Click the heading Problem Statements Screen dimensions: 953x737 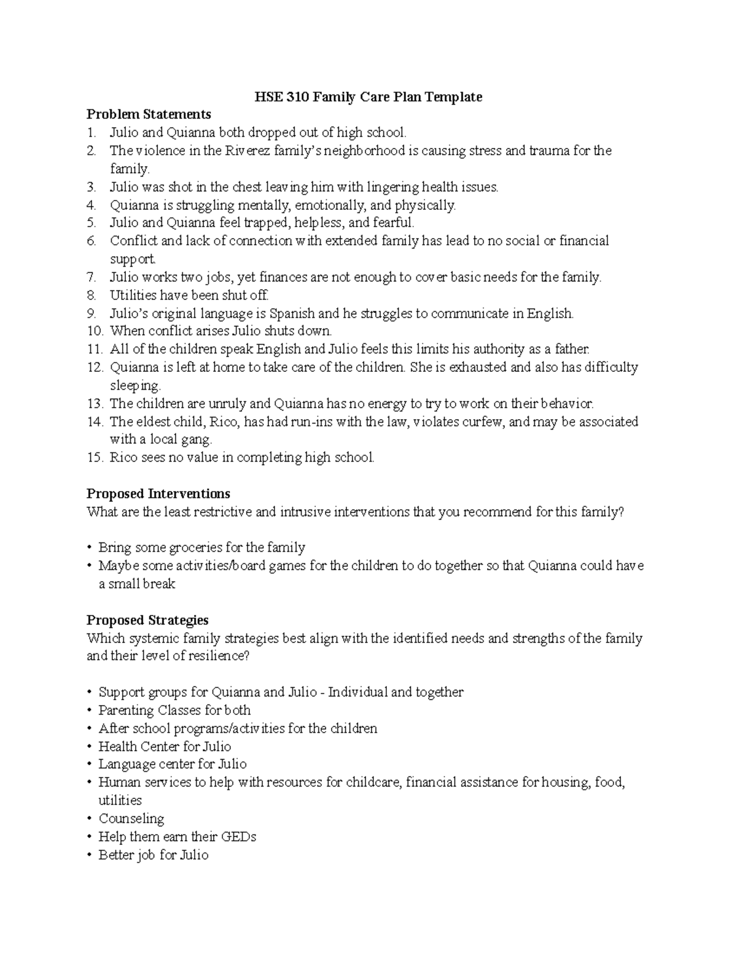click(x=149, y=115)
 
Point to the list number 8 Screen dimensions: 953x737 click(x=92, y=295)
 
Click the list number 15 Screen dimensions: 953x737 click(x=95, y=458)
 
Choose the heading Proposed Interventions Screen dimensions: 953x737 click(x=158, y=494)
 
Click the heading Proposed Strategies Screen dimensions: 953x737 click(x=147, y=620)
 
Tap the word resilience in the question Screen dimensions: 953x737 click(x=216, y=656)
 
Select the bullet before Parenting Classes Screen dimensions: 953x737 click(x=90, y=711)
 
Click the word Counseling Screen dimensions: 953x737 click(x=131, y=819)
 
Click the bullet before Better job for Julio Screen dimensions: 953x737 click(x=90, y=855)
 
